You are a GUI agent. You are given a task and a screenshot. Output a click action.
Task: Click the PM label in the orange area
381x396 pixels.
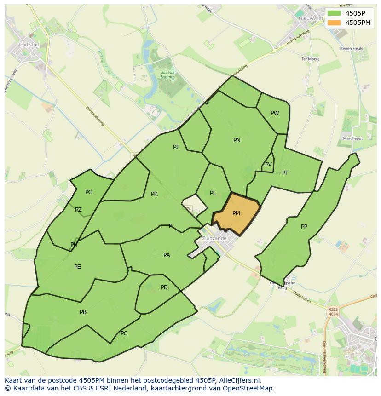coord(236,213)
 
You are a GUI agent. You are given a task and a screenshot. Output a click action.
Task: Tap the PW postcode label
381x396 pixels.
coord(275,113)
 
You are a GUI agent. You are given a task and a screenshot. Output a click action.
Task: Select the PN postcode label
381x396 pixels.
coord(237,140)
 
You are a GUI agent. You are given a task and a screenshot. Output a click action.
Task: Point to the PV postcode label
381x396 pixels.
coord(268,165)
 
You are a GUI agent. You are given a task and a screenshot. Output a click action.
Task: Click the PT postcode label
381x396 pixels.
coord(285,173)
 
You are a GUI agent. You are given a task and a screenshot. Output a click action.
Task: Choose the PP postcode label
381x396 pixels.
coord(304,227)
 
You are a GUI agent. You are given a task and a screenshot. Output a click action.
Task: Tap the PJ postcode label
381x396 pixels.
coord(176,147)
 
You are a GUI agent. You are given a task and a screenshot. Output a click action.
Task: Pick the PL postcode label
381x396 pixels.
coord(213,193)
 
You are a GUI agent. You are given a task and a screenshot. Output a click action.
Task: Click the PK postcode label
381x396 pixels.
coord(154,194)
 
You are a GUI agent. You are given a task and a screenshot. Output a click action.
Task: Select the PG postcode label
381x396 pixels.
coord(89,192)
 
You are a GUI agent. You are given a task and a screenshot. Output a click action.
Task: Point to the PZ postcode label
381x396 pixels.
coord(78,210)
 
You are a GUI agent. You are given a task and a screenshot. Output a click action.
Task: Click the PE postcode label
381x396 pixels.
coord(77,267)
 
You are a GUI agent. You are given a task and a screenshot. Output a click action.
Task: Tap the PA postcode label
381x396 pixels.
coord(167,255)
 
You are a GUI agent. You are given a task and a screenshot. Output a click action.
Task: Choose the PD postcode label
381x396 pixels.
coord(164,287)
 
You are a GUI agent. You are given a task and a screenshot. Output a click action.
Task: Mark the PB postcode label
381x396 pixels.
coord(83,312)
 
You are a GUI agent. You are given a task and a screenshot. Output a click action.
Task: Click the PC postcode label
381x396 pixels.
coord(124,333)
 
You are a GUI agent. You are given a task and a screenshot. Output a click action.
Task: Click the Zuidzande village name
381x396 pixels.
coord(214,238)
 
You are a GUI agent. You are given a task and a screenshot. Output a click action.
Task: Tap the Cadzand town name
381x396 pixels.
coord(29,45)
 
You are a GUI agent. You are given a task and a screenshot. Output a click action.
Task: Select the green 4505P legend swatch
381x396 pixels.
coord(335,13)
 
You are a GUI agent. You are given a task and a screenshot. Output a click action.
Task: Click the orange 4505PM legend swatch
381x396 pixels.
coord(335,23)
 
